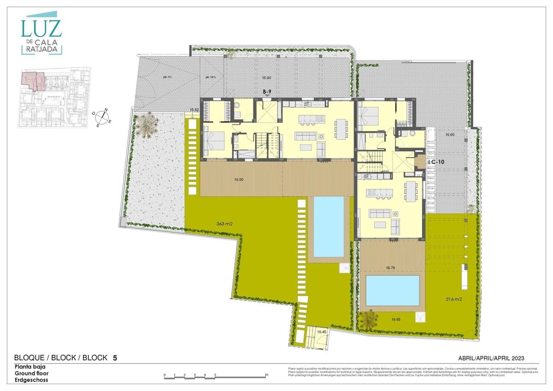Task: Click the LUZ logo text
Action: pyautogui.click(x=41, y=29)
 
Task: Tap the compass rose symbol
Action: pyautogui.click(x=103, y=116)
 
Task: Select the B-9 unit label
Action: pyautogui.click(x=267, y=92)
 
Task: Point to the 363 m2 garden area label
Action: pyautogui.click(x=224, y=224)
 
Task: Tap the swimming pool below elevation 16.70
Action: pyautogui.click(x=392, y=290)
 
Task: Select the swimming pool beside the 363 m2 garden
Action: pyautogui.click(x=329, y=226)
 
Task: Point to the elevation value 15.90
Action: pyautogui.click(x=266, y=77)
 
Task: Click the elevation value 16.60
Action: pyautogui.click(x=450, y=135)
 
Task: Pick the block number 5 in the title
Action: pyautogui.click(x=115, y=357)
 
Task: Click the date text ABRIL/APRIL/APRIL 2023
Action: pyautogui.click(x=492, y=358)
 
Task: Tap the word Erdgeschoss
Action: pyautogui.click(x=31, y=380)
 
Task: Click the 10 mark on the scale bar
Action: pyautogui.click(x=267, y=374)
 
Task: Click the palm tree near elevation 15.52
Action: pyautogui.click(x=147, y=124)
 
